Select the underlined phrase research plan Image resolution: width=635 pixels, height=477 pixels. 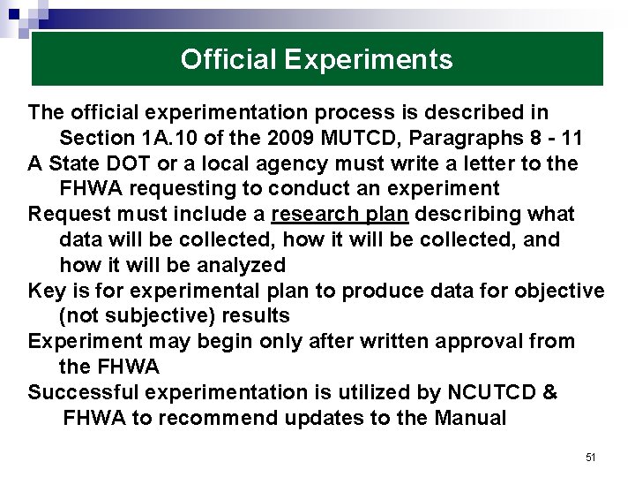(x=340, y=215)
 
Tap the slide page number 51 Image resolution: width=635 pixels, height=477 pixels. (x=591, y=458)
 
